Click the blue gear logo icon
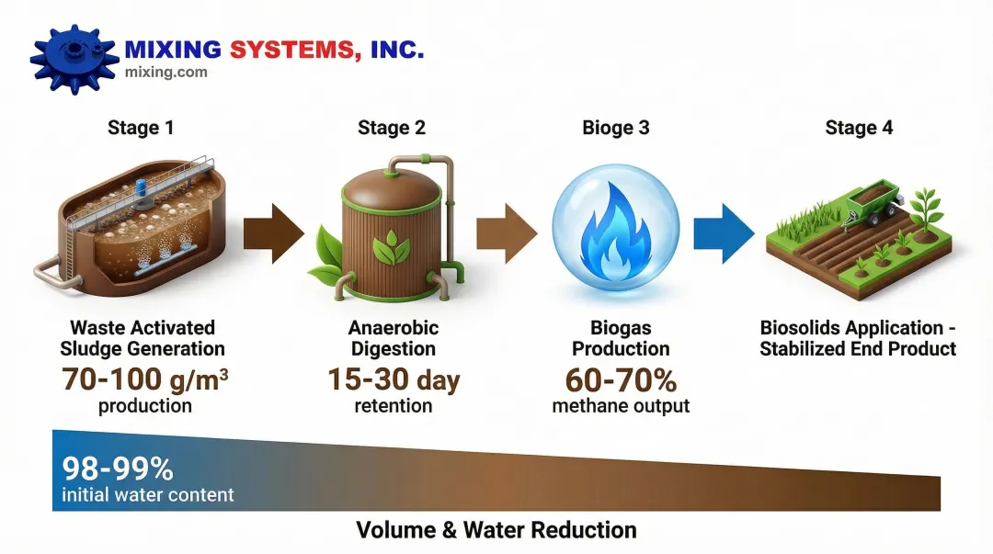click(x=73, y=58)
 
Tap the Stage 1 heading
click(x=141, y=128)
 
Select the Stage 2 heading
click(x=392, y=128)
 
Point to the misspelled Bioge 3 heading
click(x=616, y=128)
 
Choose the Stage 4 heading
click(x=859, y=128)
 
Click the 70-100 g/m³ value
click(x=144, y=379)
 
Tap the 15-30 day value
click(x=394, y=379)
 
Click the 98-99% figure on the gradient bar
click(x=118, y=469)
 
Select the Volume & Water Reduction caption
click(x=496, y=530)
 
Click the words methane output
click(x=621, y=405)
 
